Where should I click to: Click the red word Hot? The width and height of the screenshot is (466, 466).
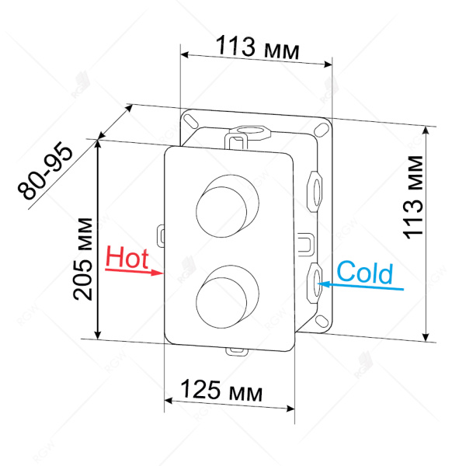pos(127,257)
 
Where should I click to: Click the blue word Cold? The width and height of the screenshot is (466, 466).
pos(365,273)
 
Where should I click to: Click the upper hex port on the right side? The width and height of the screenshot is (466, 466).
pos(315,187)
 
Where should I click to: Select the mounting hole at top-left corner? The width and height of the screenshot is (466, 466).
pos(189,120)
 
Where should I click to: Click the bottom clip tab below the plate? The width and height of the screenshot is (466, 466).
pos(235,351)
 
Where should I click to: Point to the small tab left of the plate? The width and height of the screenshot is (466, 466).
pos(161,232)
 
